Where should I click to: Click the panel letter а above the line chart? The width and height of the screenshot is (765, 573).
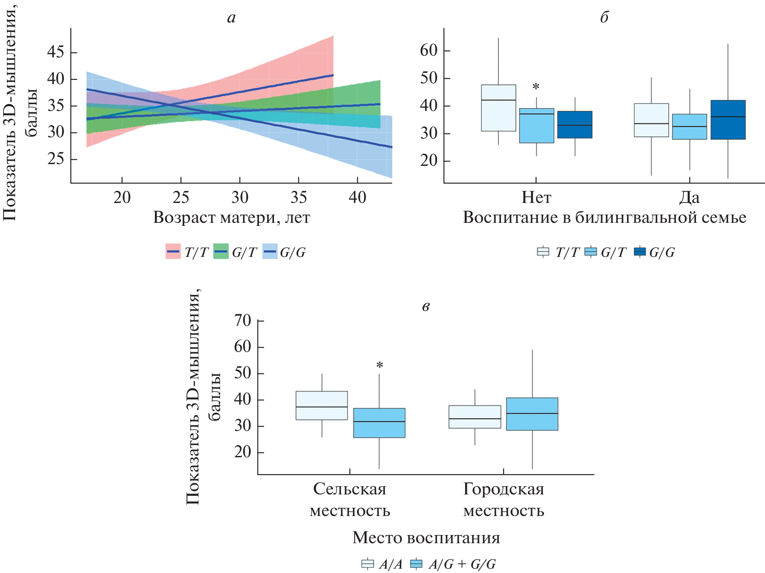coord(231,18)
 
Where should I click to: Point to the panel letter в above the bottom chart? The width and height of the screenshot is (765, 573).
coord(425,307)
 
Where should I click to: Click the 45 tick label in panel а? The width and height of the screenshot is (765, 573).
coord(56,52)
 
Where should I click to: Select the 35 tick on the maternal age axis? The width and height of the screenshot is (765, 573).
coord(299,197)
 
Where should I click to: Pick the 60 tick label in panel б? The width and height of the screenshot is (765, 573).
coord(429,51)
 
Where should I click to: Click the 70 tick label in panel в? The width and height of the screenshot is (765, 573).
coord(242,320)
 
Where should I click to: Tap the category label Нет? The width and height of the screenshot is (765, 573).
coord(536,197)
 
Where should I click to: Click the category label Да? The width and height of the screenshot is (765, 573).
coord(689,197)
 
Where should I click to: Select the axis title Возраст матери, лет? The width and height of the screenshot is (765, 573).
coord(231,217)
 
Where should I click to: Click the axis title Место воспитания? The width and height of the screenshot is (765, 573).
coord(426,538)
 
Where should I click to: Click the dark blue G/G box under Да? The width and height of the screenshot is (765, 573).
coord(728,120)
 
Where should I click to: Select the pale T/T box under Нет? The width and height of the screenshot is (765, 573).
coord(498,108)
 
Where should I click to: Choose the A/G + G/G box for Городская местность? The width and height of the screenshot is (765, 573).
coord(532,414)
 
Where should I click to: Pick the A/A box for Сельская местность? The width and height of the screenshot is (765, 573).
coord(321,405)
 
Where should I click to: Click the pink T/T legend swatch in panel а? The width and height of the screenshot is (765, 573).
coord(173,251)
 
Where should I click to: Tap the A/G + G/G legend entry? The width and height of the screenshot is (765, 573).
coord(453,564)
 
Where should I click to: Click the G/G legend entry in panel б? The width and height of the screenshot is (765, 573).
coord(655,252)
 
